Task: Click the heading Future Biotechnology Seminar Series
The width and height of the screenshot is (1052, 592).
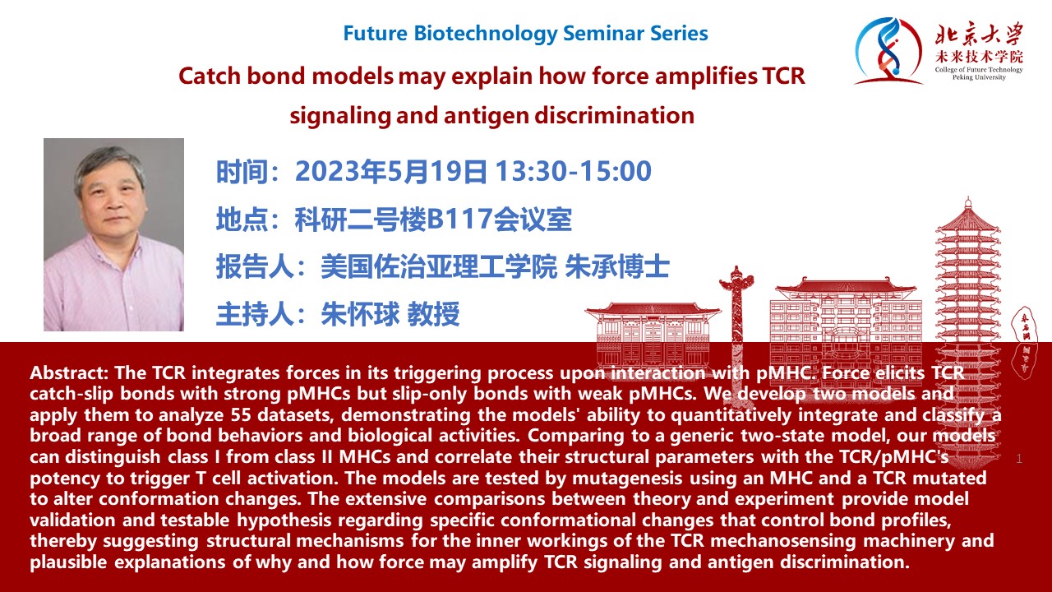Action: (525, 34)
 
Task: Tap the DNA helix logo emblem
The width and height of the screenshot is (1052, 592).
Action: (887, 51)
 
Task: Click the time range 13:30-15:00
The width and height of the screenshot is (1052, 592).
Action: (573, 171)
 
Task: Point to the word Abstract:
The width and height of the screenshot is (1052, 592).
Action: (69, 373)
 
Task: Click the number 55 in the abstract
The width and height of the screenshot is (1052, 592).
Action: (242, 415)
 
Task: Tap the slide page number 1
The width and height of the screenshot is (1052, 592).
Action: (1018, 459)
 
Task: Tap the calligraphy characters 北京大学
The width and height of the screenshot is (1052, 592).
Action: (978, 35)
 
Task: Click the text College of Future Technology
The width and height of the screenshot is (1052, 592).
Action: (979, 70)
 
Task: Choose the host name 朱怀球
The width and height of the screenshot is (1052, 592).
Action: (360, 314)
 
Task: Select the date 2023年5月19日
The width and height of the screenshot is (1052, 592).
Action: (391, 171)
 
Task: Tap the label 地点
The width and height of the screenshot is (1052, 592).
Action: (242, 220)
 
